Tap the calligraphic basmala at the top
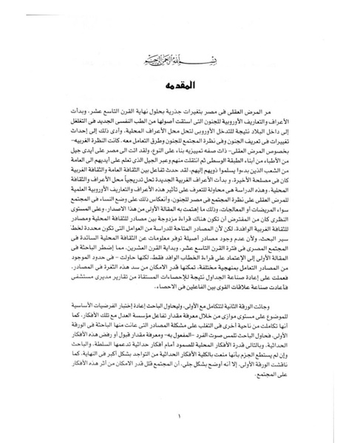180,55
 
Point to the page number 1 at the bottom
180,415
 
